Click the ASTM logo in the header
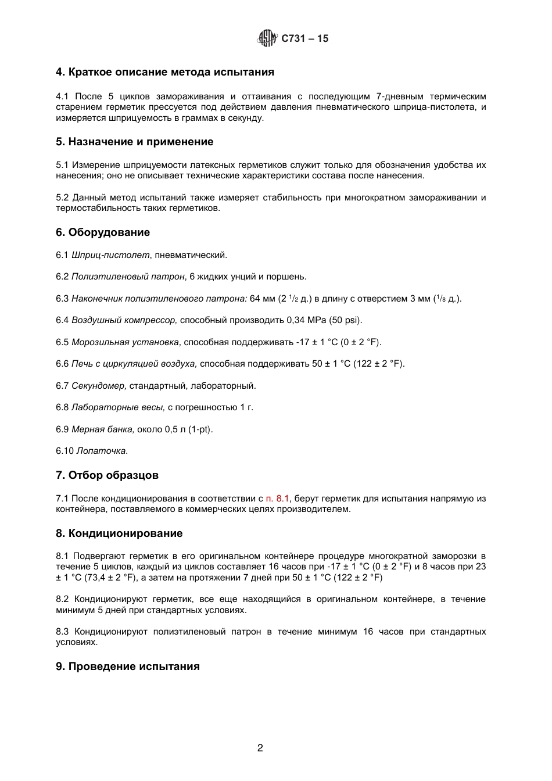pos(267,38)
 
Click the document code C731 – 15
pos(305,39)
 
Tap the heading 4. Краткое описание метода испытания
pos(165,73)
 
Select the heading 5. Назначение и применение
pos(135,142)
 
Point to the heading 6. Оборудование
pos(103,232)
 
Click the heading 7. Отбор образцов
pos(107,475)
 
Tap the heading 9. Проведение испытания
pos(128,667)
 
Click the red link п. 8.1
pos(277,498)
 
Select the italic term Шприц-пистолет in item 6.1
pos(110,255)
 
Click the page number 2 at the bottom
pos(260,748)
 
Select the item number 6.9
pos(62,429)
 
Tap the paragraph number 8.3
pos(62,632)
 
